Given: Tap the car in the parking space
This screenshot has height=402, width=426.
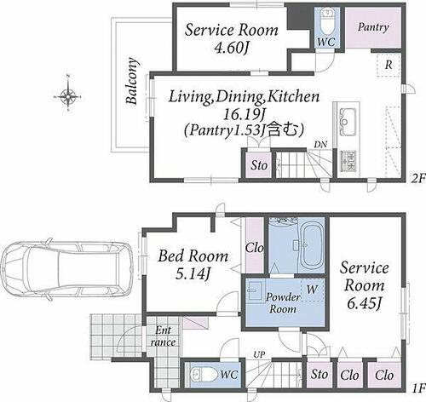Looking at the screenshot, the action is pos(66,269).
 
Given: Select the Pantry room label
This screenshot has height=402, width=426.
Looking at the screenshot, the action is pos(373,27).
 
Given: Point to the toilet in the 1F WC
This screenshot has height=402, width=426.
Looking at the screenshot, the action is pos(203,374).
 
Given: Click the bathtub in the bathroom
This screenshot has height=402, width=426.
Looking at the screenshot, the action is pos(312,244).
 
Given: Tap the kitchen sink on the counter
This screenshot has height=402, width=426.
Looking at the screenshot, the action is pos(347,122).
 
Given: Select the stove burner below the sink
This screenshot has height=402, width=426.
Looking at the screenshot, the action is pos(349,161).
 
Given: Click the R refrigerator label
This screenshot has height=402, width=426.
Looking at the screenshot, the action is pos(389,65).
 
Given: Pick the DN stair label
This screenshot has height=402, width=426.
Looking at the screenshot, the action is pos(320,145).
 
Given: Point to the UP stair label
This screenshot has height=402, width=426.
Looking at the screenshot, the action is pos(259,354).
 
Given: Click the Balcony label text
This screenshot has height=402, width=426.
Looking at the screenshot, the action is pos(132,81).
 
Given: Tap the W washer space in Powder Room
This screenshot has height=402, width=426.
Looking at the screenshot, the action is pos(312,290).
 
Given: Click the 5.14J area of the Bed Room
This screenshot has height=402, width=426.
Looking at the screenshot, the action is pos(193,274).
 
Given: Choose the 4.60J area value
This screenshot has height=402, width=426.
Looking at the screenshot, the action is pos(231,47).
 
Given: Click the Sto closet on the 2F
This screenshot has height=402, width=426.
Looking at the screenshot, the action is pos(259,165).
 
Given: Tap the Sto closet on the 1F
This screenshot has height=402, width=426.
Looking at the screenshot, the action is pos(319,374).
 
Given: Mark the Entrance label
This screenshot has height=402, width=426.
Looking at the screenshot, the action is pos(163,336).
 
